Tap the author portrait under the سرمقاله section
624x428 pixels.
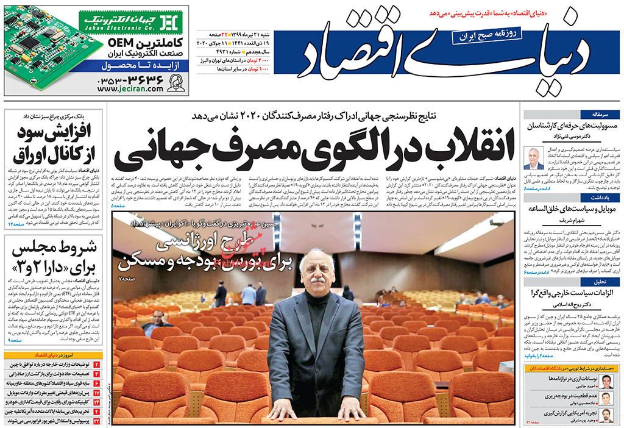(534, 158)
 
